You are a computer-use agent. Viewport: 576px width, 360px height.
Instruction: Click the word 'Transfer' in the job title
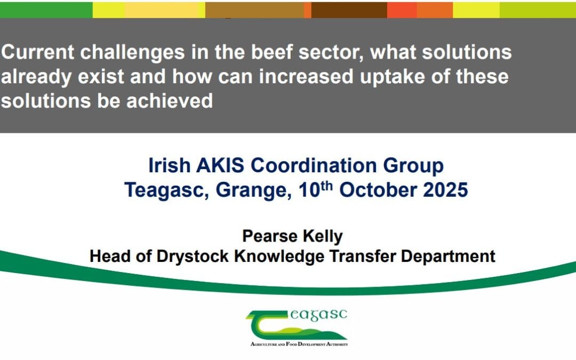(x=362, y=257)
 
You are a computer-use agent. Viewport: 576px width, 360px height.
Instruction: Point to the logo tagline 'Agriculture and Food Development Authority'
(x=299, y=345)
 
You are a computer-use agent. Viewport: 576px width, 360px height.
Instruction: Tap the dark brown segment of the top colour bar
(x=349, y=10)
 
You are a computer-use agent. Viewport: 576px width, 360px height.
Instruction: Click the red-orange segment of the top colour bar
(x=402, y=10)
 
